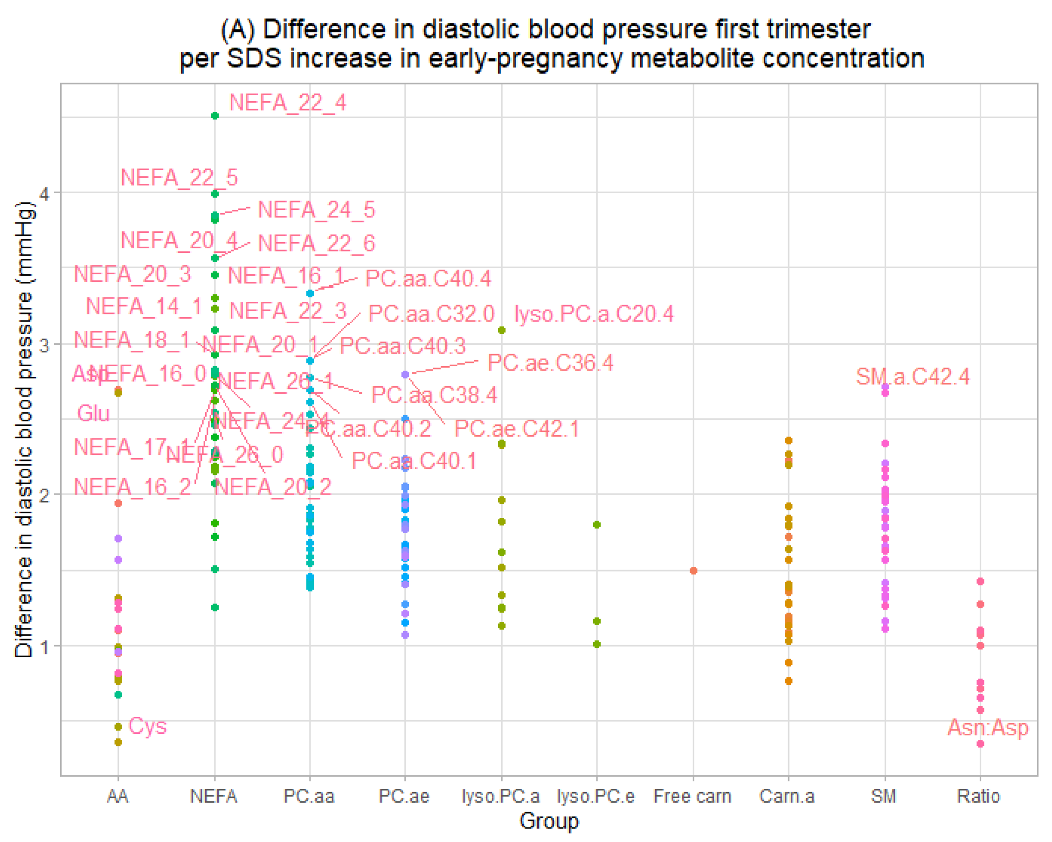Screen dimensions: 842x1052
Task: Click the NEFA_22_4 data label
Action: (x=287, y=103)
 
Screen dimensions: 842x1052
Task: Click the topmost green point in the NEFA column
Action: (x=215, y=116)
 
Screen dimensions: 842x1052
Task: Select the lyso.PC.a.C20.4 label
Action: (x=594, y=314)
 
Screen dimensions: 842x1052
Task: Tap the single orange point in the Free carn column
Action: (x=693, y=571)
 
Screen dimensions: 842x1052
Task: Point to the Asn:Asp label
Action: (x=988, y=727)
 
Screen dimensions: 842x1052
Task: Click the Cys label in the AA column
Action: (x=147, y=726)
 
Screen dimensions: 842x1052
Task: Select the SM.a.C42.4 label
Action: (x=913, y=376)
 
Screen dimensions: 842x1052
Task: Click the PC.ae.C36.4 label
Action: (x=550, y=362)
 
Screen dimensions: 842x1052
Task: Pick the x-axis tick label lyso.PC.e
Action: (x=596, y=796)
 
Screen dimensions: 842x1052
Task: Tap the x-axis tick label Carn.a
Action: (x=787, y=796)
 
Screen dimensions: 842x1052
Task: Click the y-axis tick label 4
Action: (x=44, y=194)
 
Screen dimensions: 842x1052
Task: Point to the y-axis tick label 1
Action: (x=44, y=647)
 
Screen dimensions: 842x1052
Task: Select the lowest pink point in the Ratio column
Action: (x=980, y=744)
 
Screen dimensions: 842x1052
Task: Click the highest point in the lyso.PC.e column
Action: (x=597, y=525)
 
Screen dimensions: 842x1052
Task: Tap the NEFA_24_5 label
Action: (x=316, y=210)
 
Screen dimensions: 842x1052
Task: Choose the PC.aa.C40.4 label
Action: (x=428, y=278)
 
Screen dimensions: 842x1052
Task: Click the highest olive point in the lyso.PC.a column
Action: (x=502, y=330)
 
